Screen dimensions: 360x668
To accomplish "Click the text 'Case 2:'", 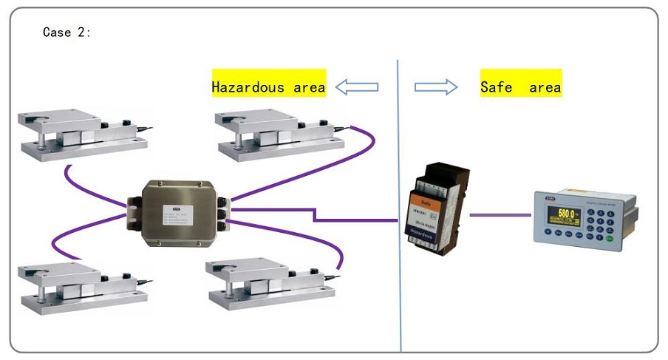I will pos(67,33).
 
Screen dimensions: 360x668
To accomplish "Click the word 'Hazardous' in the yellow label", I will pos(248,87).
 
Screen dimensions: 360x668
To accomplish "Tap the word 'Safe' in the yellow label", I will pos(497,87).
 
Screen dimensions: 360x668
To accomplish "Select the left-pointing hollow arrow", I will pos(357,87).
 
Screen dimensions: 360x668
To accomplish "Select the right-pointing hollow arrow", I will pos(436,87).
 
